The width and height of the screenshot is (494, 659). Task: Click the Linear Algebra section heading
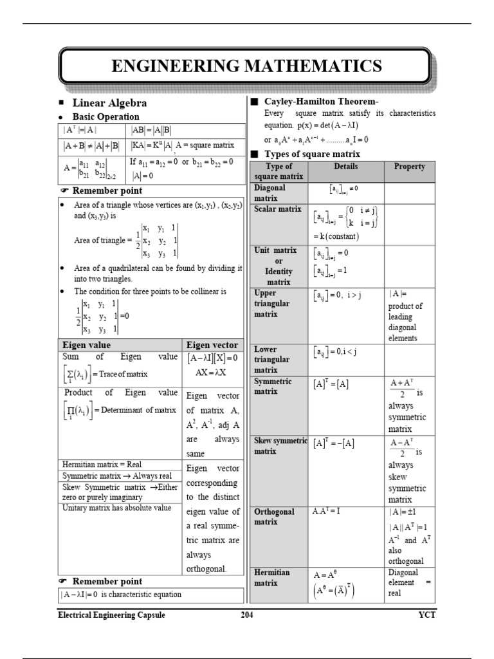[x=109, y=103]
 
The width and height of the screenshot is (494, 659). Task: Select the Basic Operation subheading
[x=105, y=116]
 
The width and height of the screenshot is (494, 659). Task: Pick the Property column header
[x=410, y=166]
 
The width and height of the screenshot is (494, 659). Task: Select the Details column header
[x=346, y=166]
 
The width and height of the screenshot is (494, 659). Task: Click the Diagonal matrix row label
[x=271, y=192]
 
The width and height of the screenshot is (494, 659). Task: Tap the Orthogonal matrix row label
[x=274, y=517]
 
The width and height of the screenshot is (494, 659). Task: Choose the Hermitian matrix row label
[x=272, y=577]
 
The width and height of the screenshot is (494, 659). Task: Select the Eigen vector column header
[x=212, y=345]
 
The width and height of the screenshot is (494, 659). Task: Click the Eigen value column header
[x=86, y=345]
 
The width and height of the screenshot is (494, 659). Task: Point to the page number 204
[x=246, y=615]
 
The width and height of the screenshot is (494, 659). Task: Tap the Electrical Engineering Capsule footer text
[x=111, y=615]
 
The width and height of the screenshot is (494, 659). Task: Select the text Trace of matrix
[x=124, y=374]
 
